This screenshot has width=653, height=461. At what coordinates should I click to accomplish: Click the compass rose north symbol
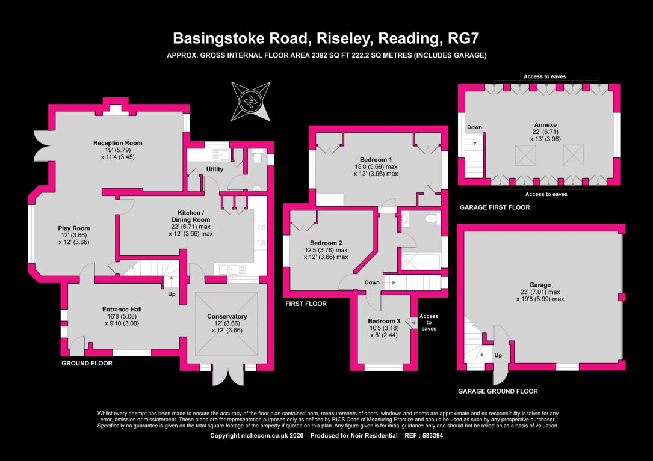click(251, 101)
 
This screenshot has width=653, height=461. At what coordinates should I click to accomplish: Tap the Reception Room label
click(118, 143)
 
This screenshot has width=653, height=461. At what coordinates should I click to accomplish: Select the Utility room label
click(214, 169)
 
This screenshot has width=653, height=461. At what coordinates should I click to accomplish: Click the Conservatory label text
click(227, 316)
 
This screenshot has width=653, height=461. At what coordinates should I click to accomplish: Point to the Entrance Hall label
click(122, 309)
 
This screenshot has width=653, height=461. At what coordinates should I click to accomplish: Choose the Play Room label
click(73, 228)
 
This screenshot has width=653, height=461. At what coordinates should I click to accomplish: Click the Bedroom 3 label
click(384, 321)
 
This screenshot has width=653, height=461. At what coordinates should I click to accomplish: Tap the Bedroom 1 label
click(376, 160)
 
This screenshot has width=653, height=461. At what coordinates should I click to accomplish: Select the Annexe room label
click(545, 125)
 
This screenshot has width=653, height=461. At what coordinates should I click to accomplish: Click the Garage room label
click(540, 285)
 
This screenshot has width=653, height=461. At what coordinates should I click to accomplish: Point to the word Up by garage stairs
click(498, 355)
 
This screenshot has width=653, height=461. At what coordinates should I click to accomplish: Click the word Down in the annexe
click(474, 127)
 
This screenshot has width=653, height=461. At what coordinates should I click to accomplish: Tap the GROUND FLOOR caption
click(87, 363)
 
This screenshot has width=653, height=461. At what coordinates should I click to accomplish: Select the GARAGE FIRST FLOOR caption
click(495, 207)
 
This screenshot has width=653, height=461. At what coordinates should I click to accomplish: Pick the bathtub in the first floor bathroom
click(421, 262)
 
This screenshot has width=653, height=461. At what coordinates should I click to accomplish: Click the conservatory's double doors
click(228, 375)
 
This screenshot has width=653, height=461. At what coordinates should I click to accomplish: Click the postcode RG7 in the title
click(463, 38)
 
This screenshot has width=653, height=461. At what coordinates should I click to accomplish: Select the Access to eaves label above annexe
click(545, 76)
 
